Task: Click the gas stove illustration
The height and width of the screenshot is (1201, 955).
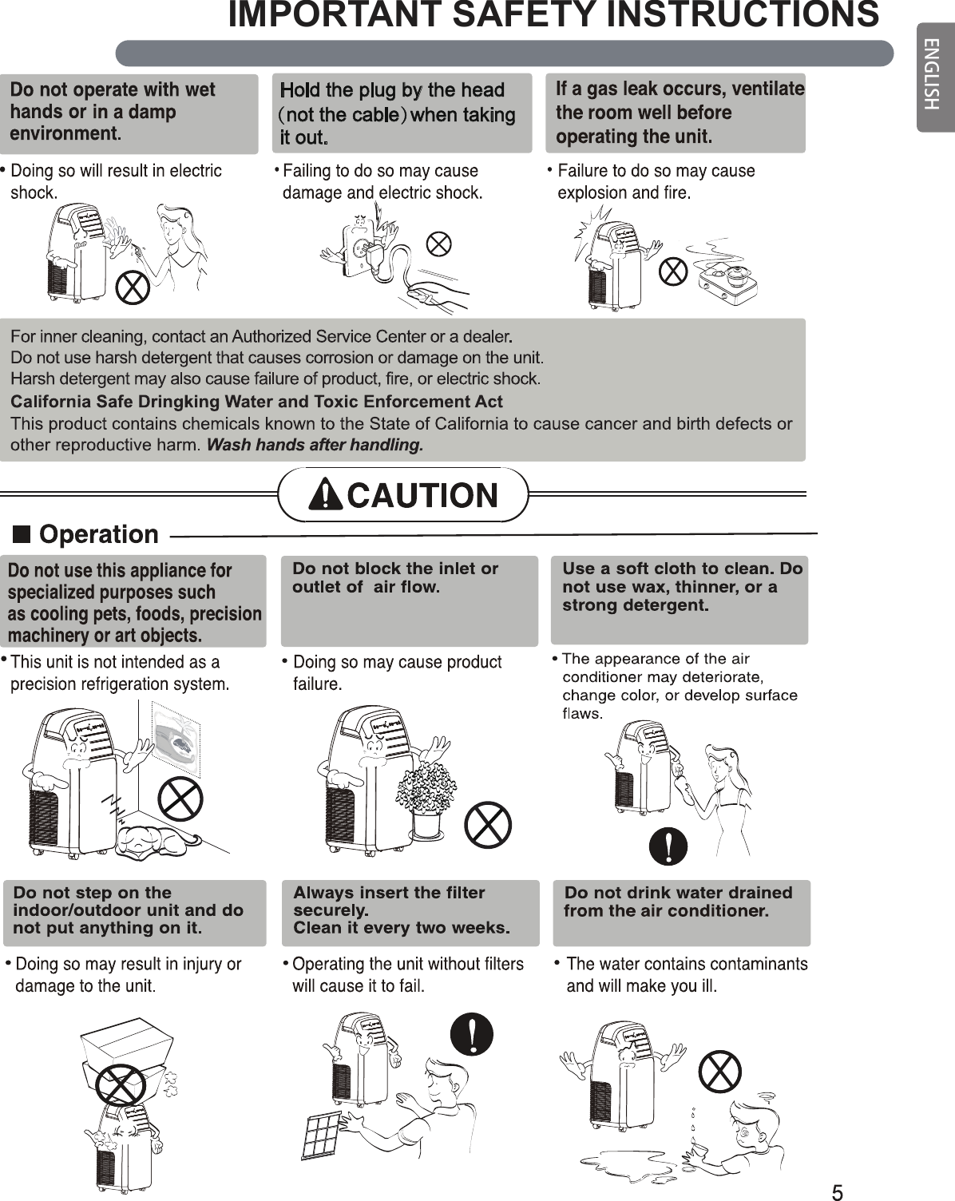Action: pos(727,276)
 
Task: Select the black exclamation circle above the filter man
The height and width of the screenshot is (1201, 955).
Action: pos(472,1034)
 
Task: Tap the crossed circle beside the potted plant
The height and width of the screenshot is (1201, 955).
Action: pos(488,825)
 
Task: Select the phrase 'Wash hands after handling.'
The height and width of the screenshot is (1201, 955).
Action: pos(315,445)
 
